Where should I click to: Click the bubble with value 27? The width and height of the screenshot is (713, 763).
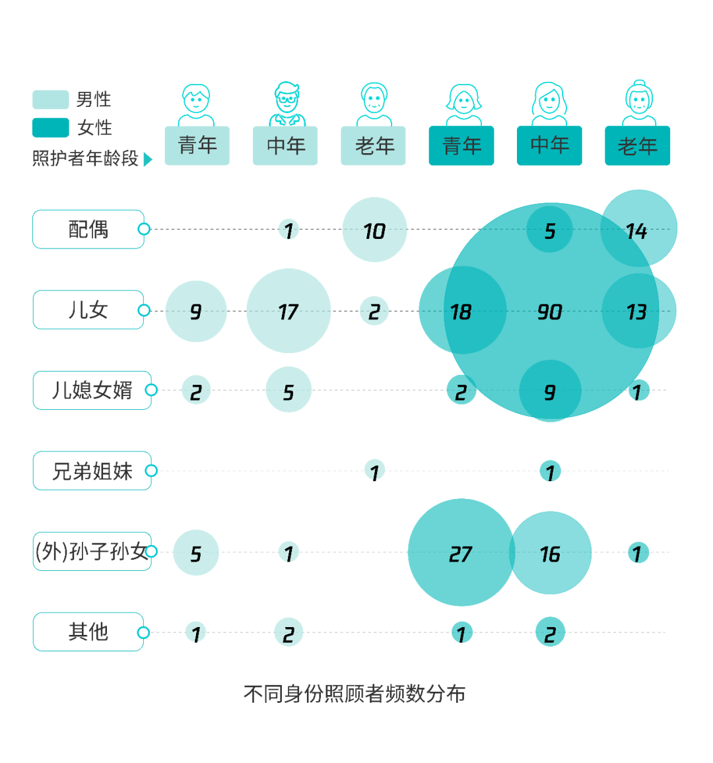[x=460, y=553]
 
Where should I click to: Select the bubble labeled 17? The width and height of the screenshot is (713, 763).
[x=289, y=311]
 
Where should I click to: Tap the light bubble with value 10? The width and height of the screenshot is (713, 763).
[x=374, y=230]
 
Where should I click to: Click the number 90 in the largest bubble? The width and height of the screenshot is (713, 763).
[x=549, y=312]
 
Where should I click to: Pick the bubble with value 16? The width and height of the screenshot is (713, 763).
[x=551, y=553]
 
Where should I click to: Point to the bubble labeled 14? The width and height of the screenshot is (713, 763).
[x=638, y=230]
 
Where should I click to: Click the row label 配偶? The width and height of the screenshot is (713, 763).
[x=88, y=229]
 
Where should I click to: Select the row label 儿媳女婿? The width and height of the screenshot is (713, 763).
[x=92, y=390]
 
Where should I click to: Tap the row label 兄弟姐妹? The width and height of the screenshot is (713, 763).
[x=92, y=471]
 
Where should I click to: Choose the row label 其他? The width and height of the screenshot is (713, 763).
[x=88, y=632]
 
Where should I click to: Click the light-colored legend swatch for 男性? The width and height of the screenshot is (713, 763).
[x=50, y=100]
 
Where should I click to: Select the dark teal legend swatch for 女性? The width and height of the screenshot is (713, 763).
[x=50, y=128]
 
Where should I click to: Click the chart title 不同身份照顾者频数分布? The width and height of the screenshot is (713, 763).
[x=355, y=694]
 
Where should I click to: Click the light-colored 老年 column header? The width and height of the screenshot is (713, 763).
[x=374, y=146]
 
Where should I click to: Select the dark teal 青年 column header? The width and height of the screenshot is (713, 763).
[x=461, y=146]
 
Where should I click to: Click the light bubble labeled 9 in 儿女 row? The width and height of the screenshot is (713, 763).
[x=196, y=311]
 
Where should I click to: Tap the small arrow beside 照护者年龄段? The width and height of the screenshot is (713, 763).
[x=148, y=160]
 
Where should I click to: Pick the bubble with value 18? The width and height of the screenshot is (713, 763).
[x=460, y=311]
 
